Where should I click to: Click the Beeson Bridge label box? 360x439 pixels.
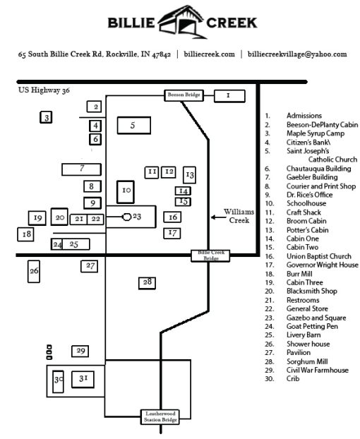[x=185, y=95]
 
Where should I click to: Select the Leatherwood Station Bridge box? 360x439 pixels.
[x=160, y=416]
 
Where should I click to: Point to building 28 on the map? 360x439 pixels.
[x=147, y=282]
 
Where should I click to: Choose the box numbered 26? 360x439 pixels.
[x=34, y=270]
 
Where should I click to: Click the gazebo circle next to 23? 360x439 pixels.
[x=127, y=217]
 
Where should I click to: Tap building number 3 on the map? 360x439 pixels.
[x=47, y=118]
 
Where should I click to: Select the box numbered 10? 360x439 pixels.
[x=126, y=191]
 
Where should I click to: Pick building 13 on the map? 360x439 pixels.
[x=189, y=174]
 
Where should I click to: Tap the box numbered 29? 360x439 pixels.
[x=80, y=351]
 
